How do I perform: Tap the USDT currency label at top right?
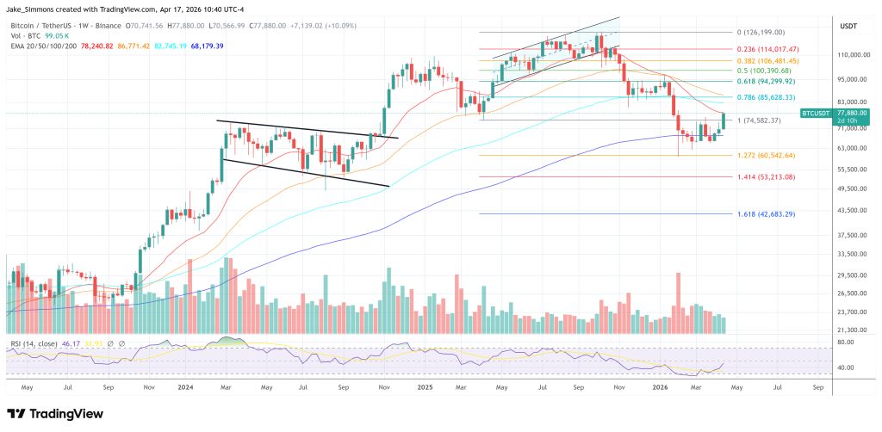point(848,27)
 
